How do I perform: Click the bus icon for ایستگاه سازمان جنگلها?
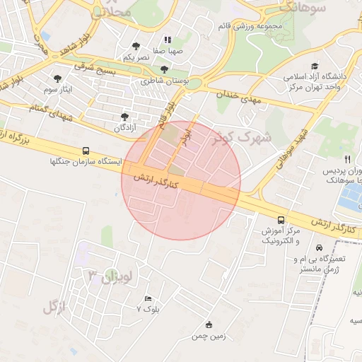point(86,151)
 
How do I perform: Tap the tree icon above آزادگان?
point(125,116)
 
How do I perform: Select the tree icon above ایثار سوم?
point(57,78)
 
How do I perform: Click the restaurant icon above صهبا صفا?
point(167,40)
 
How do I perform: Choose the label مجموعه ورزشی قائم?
point(251,27)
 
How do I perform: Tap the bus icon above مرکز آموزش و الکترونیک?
point(281,220)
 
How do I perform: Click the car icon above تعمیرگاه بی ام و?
point(320,247)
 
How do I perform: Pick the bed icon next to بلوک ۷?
point(147,299)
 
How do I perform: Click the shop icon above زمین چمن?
point(208,325)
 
